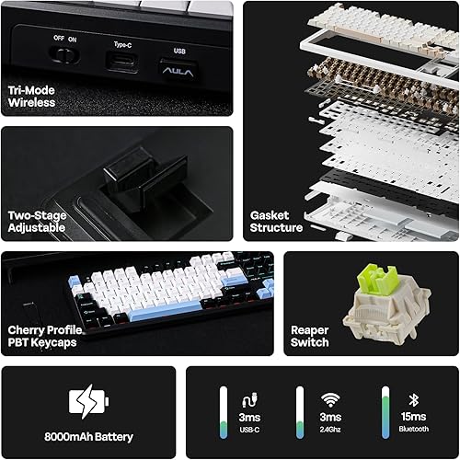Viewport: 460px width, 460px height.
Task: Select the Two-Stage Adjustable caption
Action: (x=37, y=221)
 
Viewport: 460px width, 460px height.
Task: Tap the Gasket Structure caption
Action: (x=276, y=221)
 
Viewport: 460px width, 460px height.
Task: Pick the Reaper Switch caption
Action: (x=309, y=336)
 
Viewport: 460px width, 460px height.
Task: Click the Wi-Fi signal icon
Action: (x=328, y=398)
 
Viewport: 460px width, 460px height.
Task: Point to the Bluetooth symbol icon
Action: (x=414, y=398)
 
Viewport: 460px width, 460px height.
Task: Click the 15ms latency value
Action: (x=414, y=416)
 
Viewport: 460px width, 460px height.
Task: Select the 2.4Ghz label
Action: (x=328, y=429)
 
